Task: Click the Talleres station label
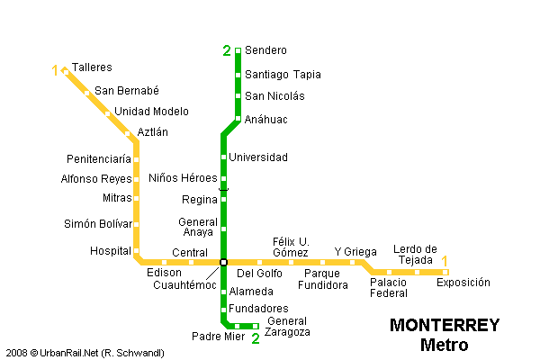(92, 67)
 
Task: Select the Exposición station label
(463, 283)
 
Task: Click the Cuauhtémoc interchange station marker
(223, 262)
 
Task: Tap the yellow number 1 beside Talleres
(55, 70)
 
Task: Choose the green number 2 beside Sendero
(227, 50)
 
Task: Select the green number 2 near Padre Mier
(256, 338)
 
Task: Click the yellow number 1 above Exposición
(445, 262)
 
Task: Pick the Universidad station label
(258, 157)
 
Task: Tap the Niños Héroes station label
(183, 178)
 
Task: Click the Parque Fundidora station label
(322, 279)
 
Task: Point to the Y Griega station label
(355, 251)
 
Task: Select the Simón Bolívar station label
(97, 224)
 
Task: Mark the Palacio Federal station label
(389, 287)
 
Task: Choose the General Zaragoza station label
(289, 327)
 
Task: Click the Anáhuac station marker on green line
(238, 119)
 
